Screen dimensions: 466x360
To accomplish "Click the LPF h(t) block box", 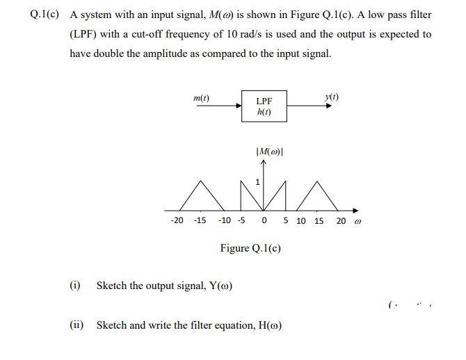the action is point(264,106).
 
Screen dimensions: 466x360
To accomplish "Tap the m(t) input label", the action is point(202,99).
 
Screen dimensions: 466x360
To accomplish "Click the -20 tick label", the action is point(177,220).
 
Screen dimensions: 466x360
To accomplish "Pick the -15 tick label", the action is point(199,220).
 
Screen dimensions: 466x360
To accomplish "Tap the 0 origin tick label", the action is point(264,220).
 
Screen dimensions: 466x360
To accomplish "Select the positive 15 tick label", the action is point(319,220).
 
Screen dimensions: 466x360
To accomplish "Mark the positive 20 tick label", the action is point(341,220).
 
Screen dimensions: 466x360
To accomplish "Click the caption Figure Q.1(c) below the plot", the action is point(250,247).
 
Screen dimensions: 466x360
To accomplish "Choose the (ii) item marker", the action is point(77,325).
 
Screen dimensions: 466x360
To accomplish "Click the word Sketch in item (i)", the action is point(111,285).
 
